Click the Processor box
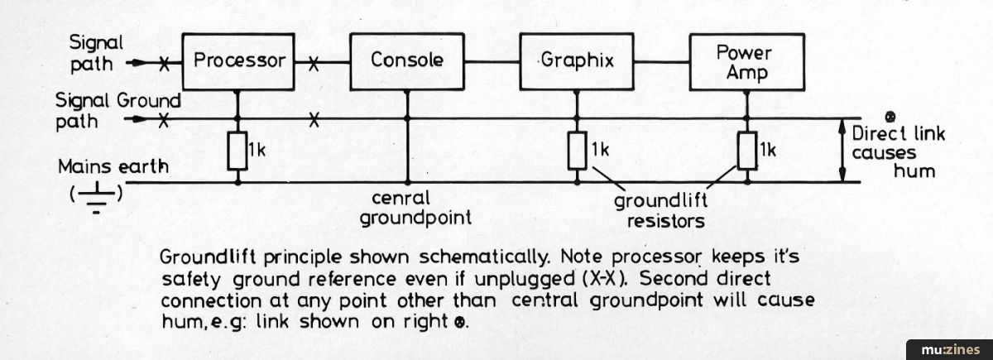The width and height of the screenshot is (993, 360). point(238,60)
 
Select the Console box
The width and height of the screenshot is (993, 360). point(407,60)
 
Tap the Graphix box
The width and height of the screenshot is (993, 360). point(577,60)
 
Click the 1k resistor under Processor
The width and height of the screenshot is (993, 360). point(238,151)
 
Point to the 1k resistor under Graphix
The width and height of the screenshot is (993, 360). point(577,151)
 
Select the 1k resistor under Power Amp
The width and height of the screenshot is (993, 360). point(747,151)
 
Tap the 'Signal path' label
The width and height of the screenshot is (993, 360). point(95,50)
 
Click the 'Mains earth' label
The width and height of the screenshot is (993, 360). point(113,166)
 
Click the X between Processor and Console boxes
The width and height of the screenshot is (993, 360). point(314,61)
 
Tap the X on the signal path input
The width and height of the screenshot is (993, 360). point(165,61)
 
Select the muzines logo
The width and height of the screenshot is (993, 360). point(949,348)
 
